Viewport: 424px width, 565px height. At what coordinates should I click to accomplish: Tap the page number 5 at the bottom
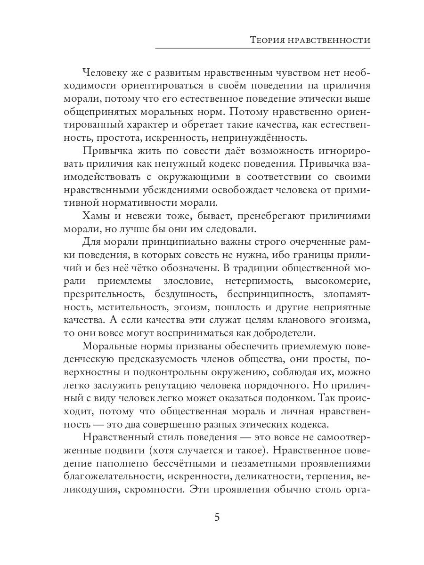217,517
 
